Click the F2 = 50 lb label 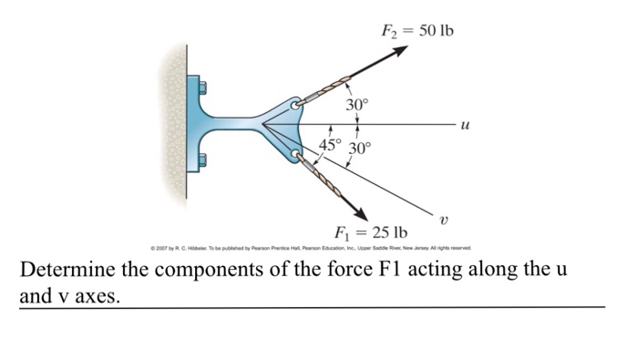[417, 32]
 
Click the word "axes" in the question [94, 296]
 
